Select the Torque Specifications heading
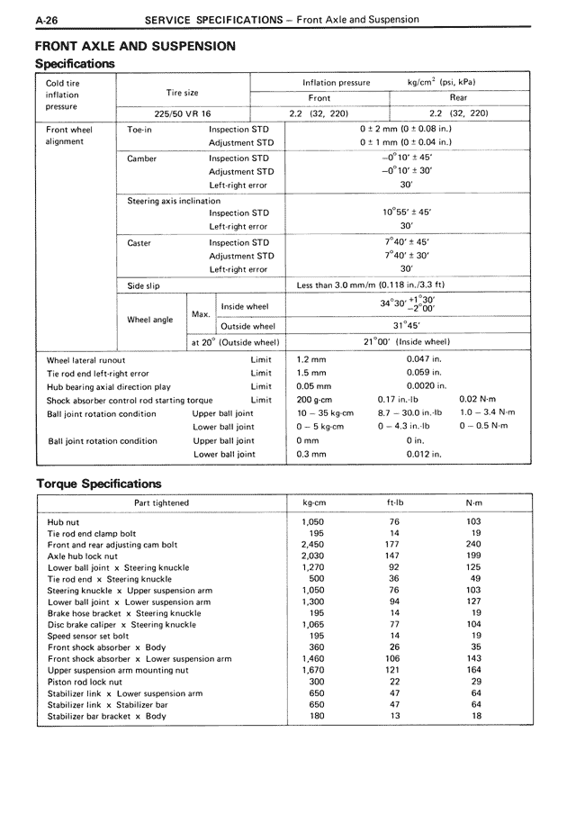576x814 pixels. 99,484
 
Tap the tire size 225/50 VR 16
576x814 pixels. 183,113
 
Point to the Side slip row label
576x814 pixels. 144,285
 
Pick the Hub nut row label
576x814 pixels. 63,521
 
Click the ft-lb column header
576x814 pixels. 393,502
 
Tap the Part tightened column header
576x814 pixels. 161,502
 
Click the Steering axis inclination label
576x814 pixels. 173,200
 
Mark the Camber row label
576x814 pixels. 142,158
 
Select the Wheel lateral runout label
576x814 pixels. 86,360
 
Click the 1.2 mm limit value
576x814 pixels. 311,360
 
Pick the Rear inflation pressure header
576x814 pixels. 458,97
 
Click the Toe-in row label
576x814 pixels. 140,130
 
